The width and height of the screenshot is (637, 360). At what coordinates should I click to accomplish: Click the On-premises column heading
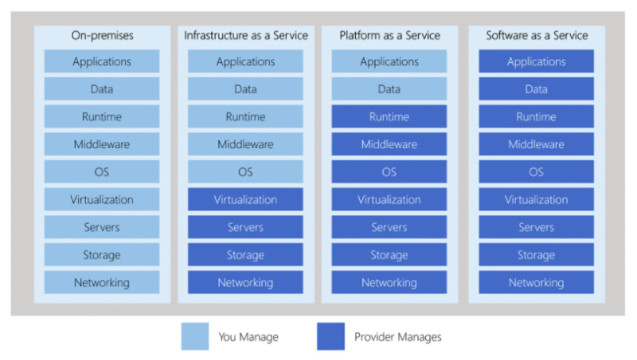101,36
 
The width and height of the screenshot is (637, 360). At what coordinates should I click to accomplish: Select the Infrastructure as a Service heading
245,36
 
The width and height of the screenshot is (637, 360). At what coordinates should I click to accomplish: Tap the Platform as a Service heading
389,36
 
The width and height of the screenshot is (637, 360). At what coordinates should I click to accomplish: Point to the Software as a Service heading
537,36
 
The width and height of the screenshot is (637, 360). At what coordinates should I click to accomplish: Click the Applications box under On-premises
101,62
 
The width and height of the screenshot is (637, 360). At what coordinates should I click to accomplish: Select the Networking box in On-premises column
101,283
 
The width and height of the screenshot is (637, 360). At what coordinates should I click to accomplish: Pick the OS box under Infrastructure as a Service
245,172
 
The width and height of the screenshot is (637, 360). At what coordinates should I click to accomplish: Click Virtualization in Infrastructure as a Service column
245,200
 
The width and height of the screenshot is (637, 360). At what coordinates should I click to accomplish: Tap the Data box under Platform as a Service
389,89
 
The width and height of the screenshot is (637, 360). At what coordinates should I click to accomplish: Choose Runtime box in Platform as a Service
389,117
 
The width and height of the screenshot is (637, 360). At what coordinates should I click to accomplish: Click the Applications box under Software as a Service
537,62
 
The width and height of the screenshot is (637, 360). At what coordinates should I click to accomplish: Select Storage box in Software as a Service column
537,255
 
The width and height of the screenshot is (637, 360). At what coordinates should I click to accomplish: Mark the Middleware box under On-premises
101,145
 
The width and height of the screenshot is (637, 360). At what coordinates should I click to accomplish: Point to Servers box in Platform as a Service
389,228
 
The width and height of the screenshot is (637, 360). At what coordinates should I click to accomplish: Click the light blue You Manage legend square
194,336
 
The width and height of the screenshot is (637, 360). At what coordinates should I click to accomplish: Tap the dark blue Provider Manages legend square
330,336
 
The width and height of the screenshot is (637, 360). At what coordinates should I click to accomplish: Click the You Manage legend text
248,337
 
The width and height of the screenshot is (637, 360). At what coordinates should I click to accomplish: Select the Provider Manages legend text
397,337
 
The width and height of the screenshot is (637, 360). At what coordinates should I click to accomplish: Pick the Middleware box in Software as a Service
537,145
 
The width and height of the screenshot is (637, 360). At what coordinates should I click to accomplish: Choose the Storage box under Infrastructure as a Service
245,255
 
